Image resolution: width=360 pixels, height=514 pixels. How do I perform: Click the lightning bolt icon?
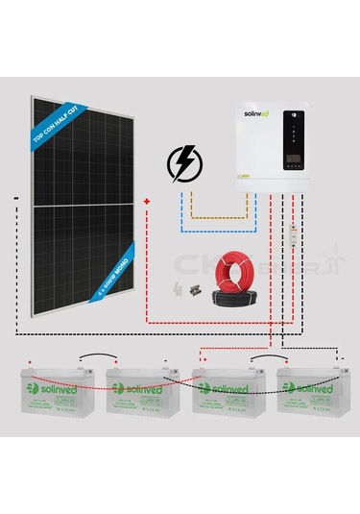click(180, 164)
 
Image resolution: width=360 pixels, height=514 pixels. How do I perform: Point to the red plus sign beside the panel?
click(146, 201)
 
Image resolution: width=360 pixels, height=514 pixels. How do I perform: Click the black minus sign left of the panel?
click(17, 199)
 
